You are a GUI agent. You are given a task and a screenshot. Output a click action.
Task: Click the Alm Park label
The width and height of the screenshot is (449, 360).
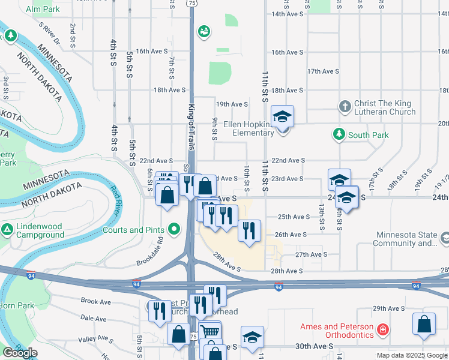[43, 10]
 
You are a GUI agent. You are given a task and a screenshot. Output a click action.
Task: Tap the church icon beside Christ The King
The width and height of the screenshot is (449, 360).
[345, 107]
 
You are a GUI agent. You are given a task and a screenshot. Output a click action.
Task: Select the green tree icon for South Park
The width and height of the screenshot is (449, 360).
[340, 134]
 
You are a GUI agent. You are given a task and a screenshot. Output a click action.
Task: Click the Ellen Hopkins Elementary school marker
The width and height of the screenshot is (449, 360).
[283, 116]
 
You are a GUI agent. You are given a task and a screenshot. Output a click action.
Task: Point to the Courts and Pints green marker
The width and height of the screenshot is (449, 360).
[175, 229]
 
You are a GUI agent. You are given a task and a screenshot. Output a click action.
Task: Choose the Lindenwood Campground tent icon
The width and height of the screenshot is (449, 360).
[7, 230]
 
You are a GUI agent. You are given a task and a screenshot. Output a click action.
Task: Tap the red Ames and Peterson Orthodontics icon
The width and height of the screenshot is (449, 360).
[382, 329]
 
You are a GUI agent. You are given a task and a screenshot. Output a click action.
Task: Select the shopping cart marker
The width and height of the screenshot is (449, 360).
[210, 332]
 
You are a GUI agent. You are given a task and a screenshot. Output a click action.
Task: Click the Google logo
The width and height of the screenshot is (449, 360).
[20, 353]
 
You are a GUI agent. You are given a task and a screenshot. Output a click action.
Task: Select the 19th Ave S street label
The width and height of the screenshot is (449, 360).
[232, 104]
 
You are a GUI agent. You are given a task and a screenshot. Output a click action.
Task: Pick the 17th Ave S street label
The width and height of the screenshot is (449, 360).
[323, 71]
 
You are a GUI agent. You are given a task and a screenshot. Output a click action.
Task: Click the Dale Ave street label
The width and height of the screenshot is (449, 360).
[93, 319]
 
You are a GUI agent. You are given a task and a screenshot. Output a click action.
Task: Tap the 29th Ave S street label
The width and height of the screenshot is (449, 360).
[388, 308]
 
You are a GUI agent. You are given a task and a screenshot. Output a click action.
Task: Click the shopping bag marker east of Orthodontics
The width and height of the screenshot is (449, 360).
[424, 323]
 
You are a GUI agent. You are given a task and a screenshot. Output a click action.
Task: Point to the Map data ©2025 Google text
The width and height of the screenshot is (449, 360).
[411, 355]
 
